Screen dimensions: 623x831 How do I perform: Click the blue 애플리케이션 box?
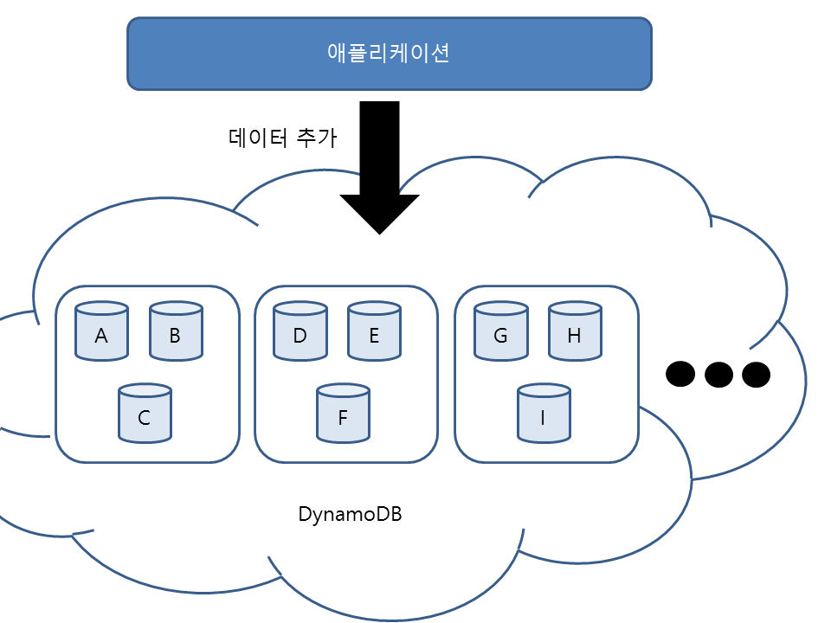389,54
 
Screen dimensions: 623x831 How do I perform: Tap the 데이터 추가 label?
281,137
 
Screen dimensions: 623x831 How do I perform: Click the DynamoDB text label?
350,514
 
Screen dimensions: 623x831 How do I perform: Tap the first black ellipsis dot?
680,374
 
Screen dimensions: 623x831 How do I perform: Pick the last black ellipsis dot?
756,374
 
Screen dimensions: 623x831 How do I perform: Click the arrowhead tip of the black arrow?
379,232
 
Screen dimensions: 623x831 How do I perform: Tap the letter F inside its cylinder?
343,418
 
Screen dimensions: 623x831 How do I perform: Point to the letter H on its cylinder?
575,336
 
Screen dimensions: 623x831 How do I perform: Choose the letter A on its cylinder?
101,336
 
